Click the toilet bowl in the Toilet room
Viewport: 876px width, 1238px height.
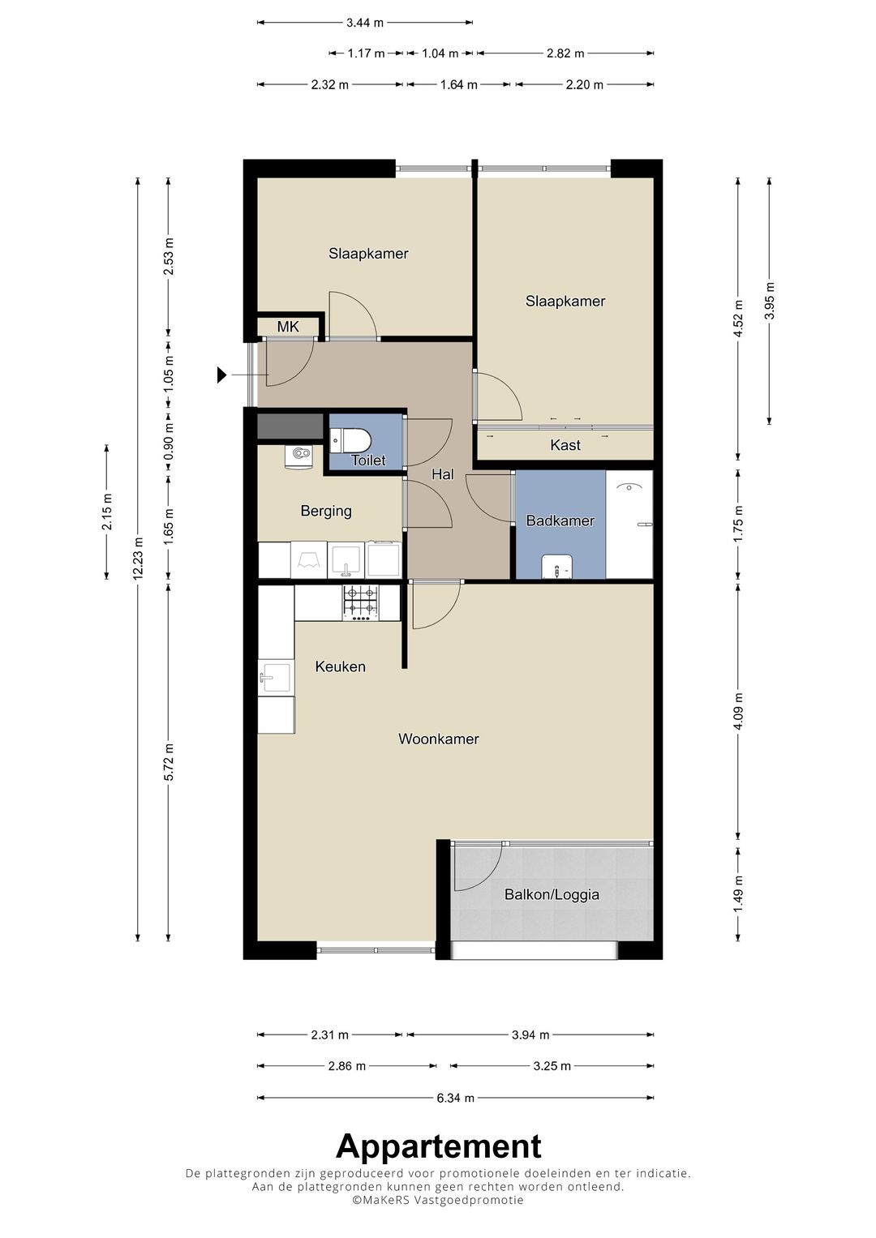pos(352,440)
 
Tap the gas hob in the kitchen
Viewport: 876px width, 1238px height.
pos(361,603)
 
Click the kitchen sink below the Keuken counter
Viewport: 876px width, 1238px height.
pos(276,678)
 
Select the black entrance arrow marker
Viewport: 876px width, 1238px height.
pos(221,375)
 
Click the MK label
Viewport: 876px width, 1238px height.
pos(288,327)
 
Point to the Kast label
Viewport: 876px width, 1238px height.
pos(565,445)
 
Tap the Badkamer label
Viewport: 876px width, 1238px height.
pos(560,520)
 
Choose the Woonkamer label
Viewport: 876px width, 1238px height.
pos(439,739)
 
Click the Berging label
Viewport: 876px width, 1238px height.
pos(326,512)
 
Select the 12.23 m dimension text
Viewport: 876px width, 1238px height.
pos(138,559)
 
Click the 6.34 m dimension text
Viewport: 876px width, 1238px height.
pos(455,1099)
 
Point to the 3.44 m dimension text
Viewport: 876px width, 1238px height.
pos(364,23)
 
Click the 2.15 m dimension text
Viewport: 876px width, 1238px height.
pos(107,512)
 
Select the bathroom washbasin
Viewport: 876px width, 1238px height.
pos(557,567)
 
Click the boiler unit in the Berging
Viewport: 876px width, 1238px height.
pos(299,457)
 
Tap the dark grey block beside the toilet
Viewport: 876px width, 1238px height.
pos(290,427)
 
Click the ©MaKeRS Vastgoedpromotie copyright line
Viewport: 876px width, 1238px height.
pos(438,1199)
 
